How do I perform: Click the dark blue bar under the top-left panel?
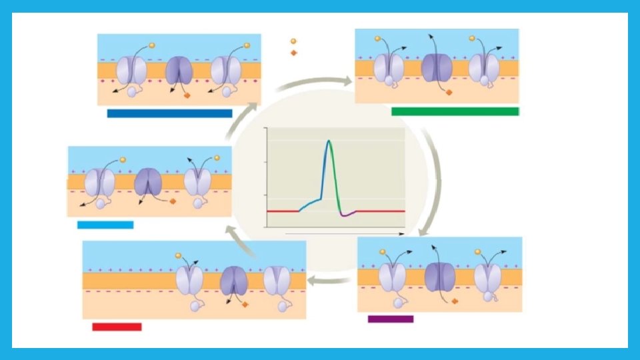[169, 113]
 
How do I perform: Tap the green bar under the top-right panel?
[455, 111]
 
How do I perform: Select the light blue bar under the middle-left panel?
[105, 225]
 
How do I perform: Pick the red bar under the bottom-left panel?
[117, 327]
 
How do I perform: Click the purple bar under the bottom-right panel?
[391, 319]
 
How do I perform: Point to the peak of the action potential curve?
[329, 141]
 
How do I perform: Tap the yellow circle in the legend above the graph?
[293, 41]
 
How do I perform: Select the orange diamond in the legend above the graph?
[293, 53]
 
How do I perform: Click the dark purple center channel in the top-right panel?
[437, 68]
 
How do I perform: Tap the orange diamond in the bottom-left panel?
[245, 304]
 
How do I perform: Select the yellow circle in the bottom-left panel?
[178, 255]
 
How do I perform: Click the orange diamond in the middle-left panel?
[173, 201]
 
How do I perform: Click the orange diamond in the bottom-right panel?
[455, 301]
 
